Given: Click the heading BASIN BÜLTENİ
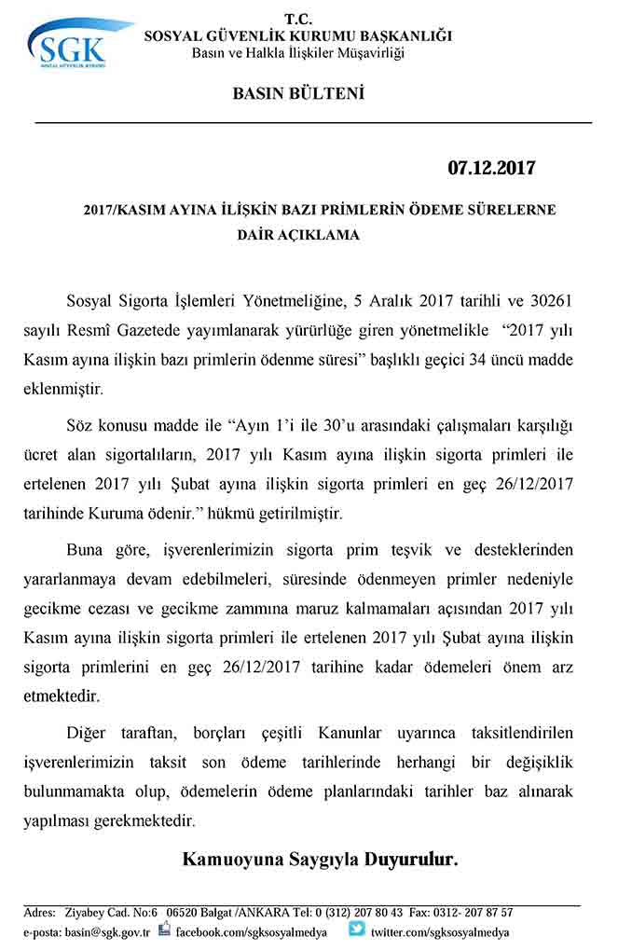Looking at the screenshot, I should pyautogui.click(x=297, y=93).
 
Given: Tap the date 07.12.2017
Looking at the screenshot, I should pyautogui.click(x=491, y=168).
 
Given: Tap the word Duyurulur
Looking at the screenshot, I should pyautogui.click(x=411, y=860).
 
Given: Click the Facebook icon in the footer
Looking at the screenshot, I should pyautogui.click(x=165, y=929).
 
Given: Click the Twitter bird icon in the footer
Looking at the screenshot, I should pyautogui.click(x=357, y=929).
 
